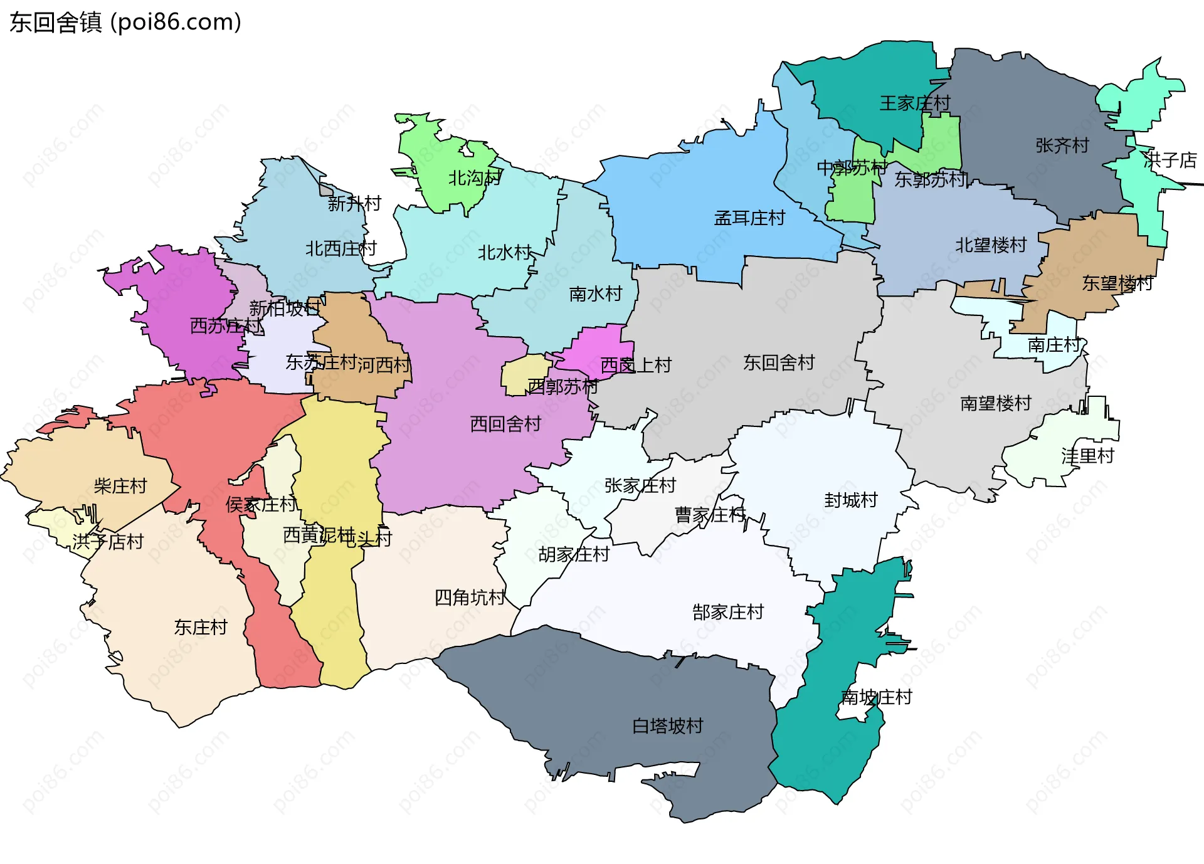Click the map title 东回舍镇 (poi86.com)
coord(125,23)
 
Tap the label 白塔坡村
coord(667,726)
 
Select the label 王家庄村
coord(914,103)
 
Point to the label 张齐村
coord(1062,145)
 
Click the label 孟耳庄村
coord(749,218)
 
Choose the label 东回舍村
coord(778,362)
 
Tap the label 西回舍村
coord(505,424)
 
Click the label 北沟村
coord(474,178)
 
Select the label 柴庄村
coord(120,486)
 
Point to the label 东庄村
coord(200,628)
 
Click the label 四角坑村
coord(470,598)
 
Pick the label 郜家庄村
coord(728,612)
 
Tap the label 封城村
coord(850,500)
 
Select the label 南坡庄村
coord(876,697)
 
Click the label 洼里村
coord(1087,456)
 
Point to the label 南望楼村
coord(996,403)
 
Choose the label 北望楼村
coord(991,245)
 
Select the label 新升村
coord(354,204)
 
